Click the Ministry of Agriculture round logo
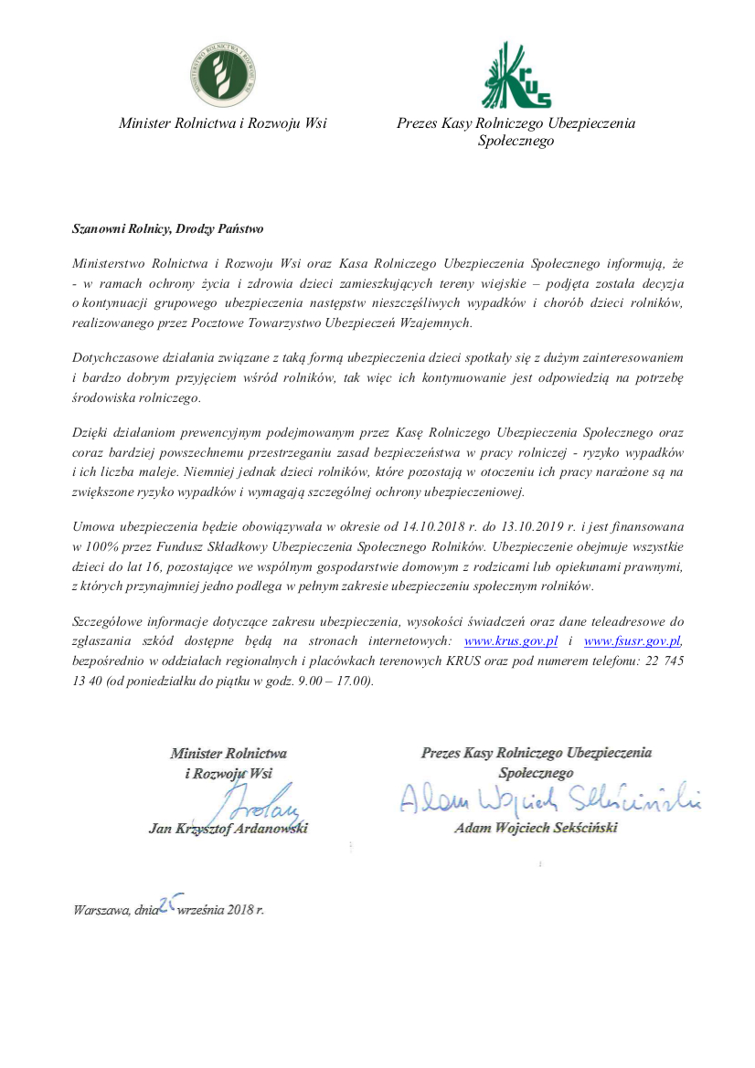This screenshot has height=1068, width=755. (x=223, y=74)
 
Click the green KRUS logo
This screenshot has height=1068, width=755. (x=516, y=75)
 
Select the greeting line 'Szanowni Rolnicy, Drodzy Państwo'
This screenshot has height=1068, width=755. (x=167, y=228)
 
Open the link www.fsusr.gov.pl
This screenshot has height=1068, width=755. (x=633, y=640)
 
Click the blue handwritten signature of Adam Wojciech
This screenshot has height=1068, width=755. (x=548, y=801)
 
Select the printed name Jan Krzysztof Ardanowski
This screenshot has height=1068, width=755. (x=228, y=829)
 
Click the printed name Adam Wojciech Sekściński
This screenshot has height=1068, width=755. (x=536, y=829)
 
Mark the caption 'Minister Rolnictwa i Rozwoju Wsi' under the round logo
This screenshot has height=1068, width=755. (x=223, y=123)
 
